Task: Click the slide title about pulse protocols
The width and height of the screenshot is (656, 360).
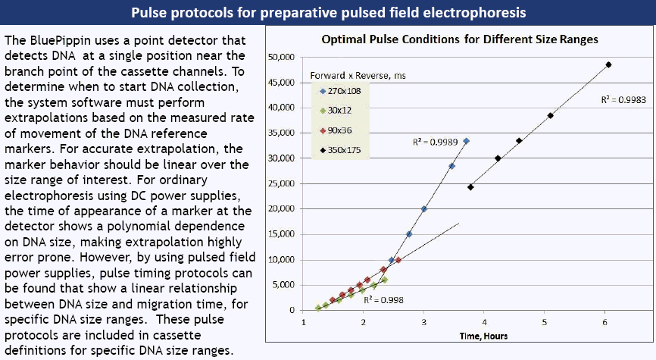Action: click(x=328, y=13)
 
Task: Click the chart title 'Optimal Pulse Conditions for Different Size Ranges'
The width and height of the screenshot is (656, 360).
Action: click(x=460, y=39)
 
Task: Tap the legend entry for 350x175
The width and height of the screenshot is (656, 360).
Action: click(x=339, y=150)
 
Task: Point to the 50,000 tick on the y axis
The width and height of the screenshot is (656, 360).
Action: click(x=282, y=57)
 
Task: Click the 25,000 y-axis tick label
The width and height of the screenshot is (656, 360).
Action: click(x=282, y=183)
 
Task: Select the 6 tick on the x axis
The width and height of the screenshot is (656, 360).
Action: click(x=604, y=322)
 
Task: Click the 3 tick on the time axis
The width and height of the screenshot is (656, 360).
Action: click(x=423, y=322)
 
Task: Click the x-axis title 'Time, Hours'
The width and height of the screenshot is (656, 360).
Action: click(x=484, y=335)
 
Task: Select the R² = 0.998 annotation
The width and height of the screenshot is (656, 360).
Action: click(x=383, y=299)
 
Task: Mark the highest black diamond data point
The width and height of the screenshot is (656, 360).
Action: click(x=608, y=64)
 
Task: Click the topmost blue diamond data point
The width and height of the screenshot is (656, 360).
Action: click(x=467, y=141)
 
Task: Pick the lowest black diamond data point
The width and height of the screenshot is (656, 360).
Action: click(x=470, y=186)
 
